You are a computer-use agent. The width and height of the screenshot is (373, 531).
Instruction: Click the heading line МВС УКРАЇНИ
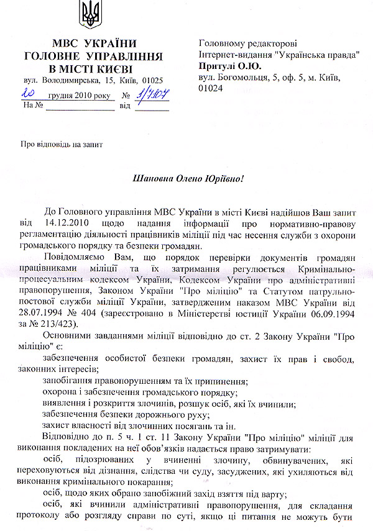point(93,43)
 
